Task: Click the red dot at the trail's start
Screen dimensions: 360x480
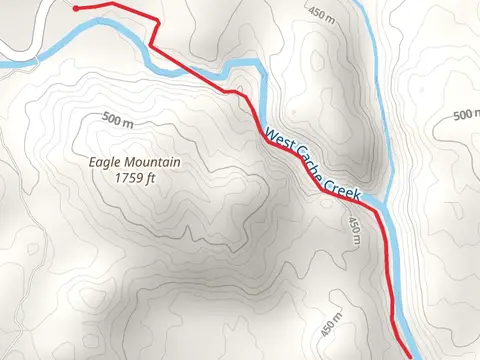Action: [x=77, y=7]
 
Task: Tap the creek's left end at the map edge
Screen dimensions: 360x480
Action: [x=3, y=64]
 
